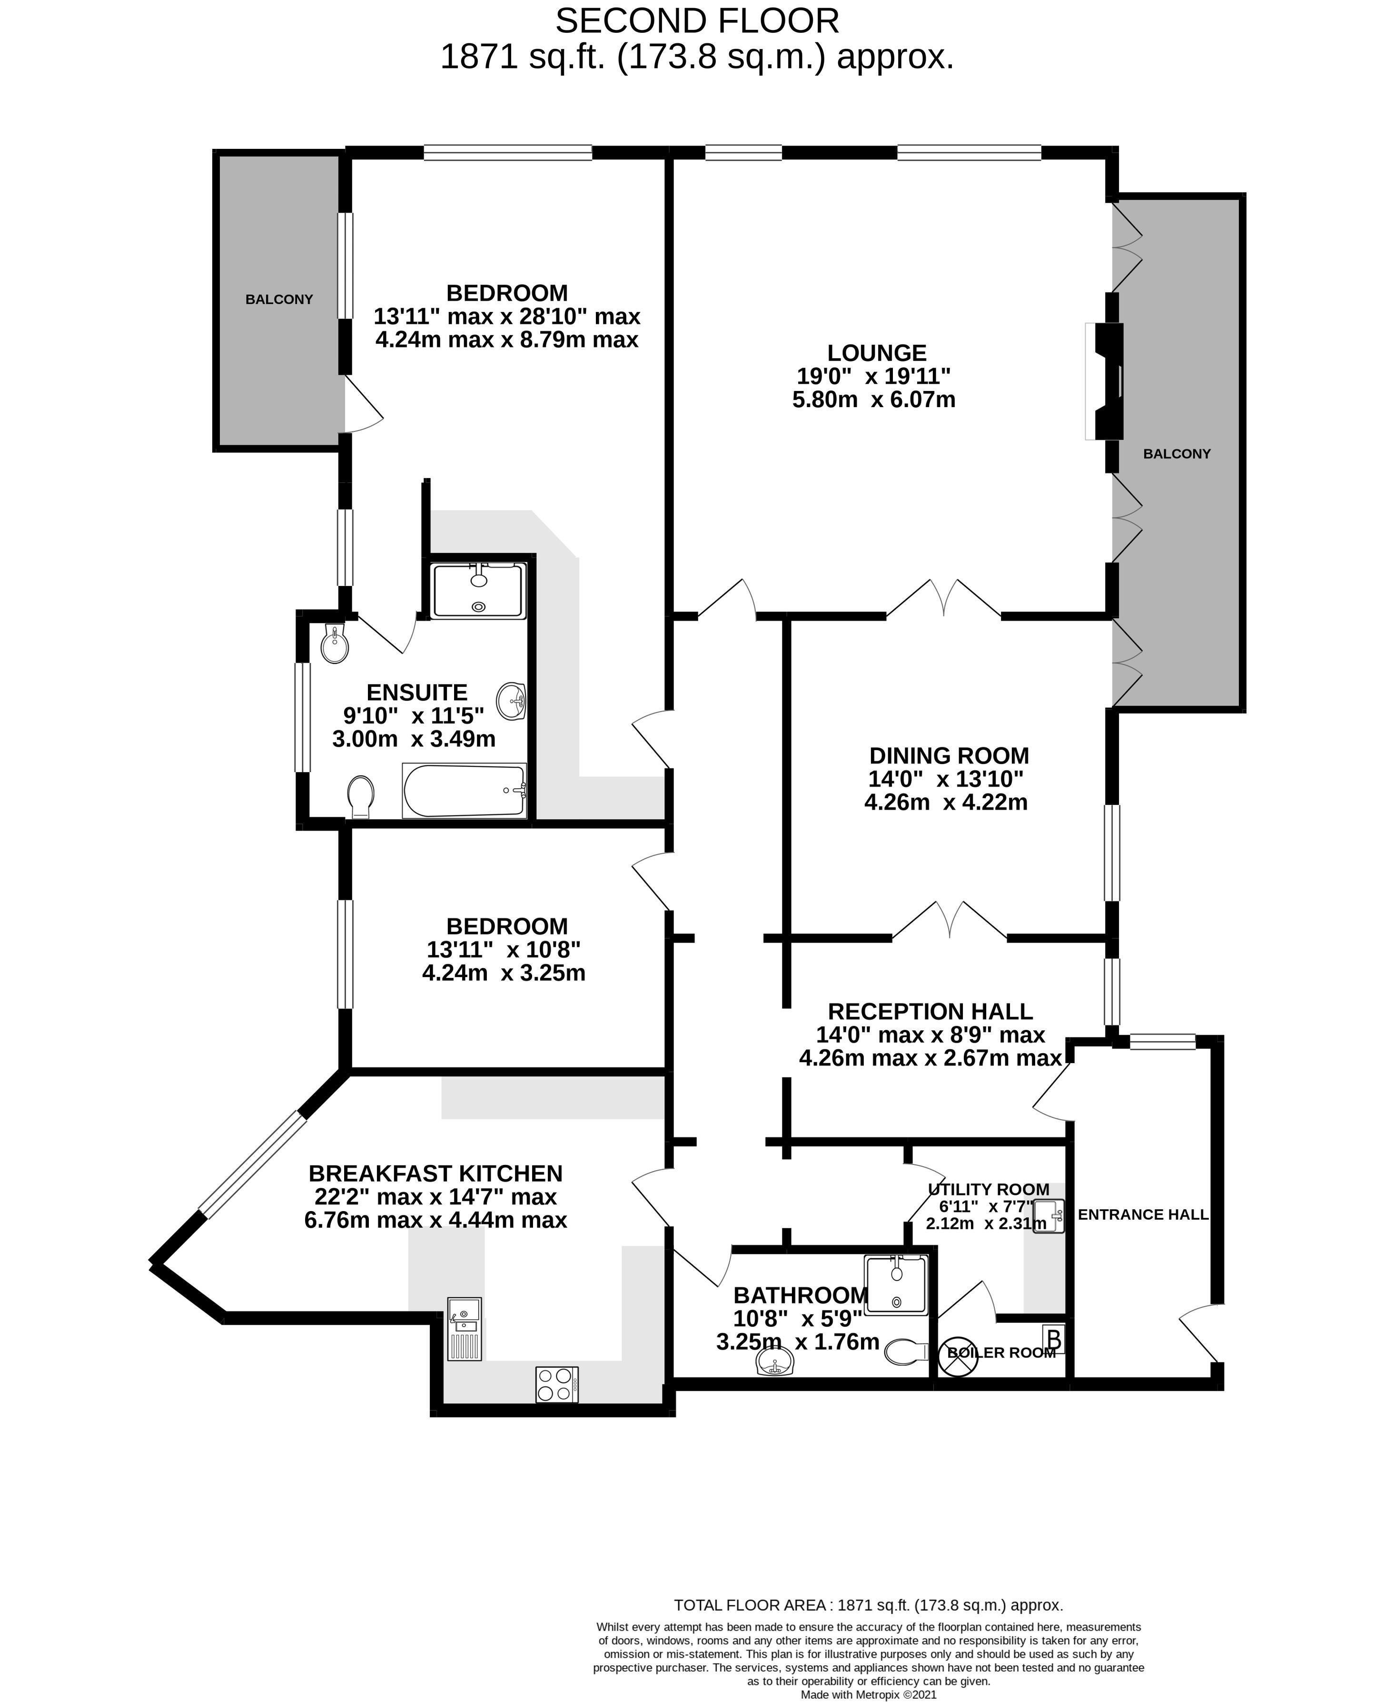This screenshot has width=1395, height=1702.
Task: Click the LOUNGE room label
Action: [877, 352]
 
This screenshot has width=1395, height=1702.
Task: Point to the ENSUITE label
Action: [416, 693]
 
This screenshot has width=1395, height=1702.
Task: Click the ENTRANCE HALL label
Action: [1143, 1214]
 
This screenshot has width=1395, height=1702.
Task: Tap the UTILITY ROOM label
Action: [989, 1190]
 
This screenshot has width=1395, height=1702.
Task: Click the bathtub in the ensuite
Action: [465, 791]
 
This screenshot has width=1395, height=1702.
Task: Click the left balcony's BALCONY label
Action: [279, 300]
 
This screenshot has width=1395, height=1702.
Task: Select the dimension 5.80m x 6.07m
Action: [873, 399]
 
